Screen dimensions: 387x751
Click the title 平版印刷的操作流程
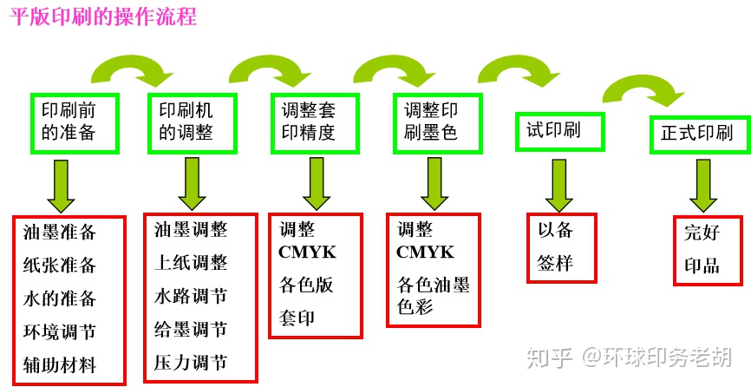103,16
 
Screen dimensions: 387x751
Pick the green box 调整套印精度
309,121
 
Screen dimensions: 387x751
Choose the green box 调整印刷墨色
431,121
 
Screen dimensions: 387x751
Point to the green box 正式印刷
696,133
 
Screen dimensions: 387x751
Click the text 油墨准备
59,233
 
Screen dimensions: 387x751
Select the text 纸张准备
59,266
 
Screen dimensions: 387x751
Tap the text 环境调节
59,332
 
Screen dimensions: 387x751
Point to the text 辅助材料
59,365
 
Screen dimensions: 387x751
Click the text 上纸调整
190,263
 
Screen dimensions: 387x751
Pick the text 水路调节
190,296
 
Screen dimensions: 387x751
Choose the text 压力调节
190,362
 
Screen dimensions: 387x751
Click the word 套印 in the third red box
297,318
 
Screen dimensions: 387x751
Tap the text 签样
556,263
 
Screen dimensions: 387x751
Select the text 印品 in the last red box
702,266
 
